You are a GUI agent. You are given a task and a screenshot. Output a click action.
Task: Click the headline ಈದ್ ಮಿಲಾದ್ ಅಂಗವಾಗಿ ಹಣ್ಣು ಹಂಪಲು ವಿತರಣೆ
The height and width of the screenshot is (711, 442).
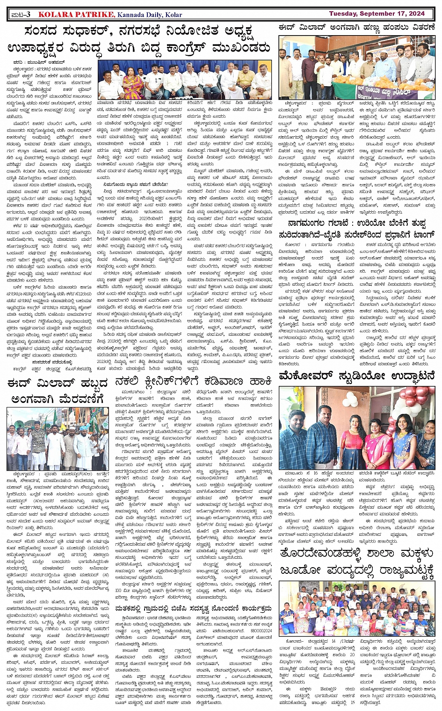point(357,28)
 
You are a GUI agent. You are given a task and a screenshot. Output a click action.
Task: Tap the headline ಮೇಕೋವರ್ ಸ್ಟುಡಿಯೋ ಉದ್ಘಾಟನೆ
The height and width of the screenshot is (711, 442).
point(357,376)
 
